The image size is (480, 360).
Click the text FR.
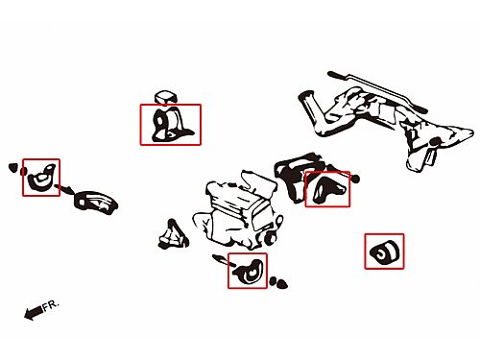(x=51, y=305)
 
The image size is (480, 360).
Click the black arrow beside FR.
(x=34, y=313)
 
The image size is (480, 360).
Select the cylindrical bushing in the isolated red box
(x=384, y=252)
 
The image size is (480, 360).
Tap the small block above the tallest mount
(x=165, y=96)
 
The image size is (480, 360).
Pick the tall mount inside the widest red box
(x=170, y=125)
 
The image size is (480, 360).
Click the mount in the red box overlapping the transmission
(x=327, y=189)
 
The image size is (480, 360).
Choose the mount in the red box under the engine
(x=249, y=272)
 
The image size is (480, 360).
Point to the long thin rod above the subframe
(x=377, y=92)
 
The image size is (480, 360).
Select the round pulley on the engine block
(x=271, y=238)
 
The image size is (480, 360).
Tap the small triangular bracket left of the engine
(x=173, y=235)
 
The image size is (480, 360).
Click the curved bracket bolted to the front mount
(x=96, y=202)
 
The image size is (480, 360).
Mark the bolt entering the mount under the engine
(x=224, y=260)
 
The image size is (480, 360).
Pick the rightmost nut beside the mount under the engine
(x=282, y=283)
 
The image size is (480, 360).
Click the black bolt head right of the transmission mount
(x=355, y=179)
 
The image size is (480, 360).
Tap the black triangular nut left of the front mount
(x=13, y=167)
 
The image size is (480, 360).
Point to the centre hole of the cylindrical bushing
(x=381, y=255)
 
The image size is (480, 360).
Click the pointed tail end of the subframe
(x=470, y=132)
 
